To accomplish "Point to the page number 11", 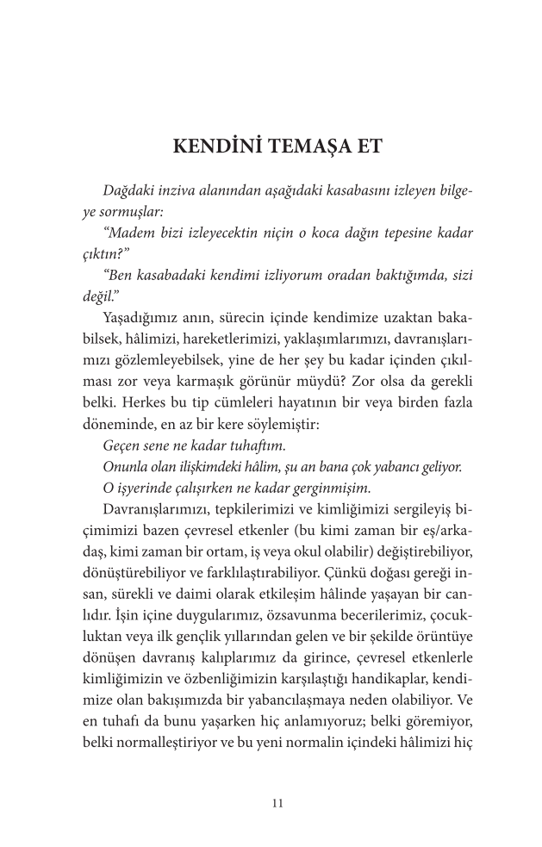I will (x=276, y=803).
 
